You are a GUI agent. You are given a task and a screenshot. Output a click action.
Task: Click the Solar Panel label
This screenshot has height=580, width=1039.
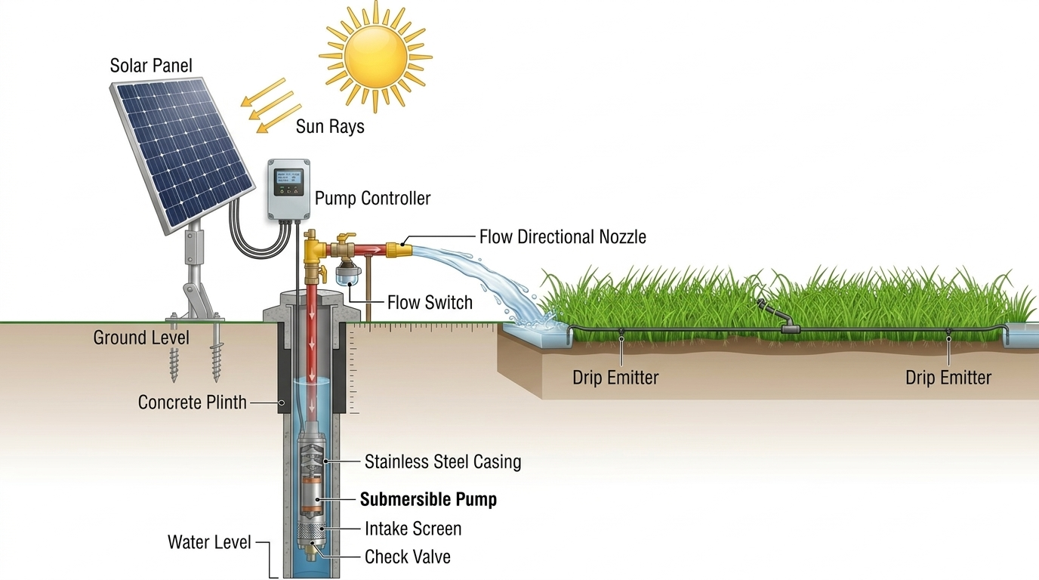(x=151, y=66)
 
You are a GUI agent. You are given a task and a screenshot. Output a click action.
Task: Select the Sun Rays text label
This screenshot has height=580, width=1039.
(x=330, y=126)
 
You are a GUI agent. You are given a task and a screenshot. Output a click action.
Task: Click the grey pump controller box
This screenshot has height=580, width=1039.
(x=288, y=190)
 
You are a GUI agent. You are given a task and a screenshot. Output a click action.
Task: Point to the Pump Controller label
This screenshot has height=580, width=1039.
(x=372, y=199)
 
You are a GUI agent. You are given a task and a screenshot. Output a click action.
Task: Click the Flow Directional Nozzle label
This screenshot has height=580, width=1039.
(x=563, y=237)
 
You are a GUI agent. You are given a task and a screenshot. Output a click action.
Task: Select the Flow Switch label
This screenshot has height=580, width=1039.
(x=430, y=303)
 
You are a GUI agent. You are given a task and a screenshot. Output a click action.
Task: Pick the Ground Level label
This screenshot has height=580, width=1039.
(x=141, y=338)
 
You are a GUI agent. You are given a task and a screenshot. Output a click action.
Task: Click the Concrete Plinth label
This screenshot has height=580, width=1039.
(x=192, y=403)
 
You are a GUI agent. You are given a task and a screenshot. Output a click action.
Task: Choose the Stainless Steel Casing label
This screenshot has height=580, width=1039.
(x=442, y=461)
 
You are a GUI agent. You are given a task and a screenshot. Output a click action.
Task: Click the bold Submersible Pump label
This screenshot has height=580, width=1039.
(x=428, y=499)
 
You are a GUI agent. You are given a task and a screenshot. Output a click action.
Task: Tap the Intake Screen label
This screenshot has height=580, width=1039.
(x=412, y=529)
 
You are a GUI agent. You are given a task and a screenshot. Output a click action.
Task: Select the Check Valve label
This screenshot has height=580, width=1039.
(x=407, y=557)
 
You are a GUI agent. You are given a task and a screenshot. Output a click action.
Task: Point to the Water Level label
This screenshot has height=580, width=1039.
(x=209, y=541)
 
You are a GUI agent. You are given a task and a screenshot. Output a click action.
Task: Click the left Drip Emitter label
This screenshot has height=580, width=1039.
(x=615, y=378)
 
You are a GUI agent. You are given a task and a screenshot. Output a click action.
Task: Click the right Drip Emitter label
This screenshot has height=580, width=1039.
(x=948, y=378)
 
